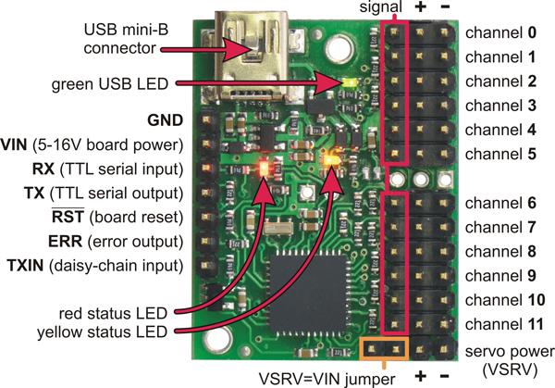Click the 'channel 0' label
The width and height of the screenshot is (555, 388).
pyautogui.click(x=500, y=32)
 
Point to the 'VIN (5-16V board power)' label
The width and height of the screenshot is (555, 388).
pyautogui.click(x=102, y=145)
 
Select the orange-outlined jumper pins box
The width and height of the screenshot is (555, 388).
pyautogui.click(x=381, y=349)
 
